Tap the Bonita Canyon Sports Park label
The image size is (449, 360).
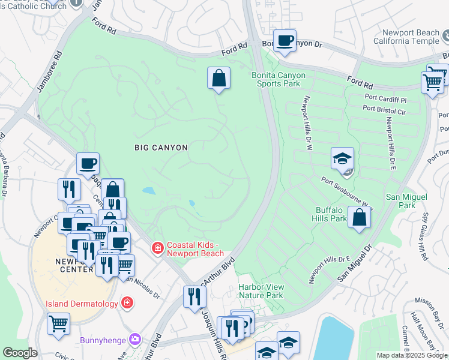[x=278, y=79]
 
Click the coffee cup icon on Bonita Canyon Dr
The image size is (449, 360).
[x=285, y=41]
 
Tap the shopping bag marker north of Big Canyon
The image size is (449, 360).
[x=218, y=78]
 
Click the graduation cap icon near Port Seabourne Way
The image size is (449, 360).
[x=342, y=159]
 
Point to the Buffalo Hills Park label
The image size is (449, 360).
[x=331, y=214]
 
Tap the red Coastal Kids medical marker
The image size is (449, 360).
[x=157, y=247]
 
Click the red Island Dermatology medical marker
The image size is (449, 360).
[x=127, y=303]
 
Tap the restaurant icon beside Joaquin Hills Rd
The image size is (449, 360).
[x=194, y=296]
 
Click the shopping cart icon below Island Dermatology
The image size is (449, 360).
[x=59, y=323]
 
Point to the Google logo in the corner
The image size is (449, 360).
[x=20, y=353]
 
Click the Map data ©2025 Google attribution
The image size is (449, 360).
[x=411, y=355]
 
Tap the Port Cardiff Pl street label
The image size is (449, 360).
[x=386, y=97]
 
